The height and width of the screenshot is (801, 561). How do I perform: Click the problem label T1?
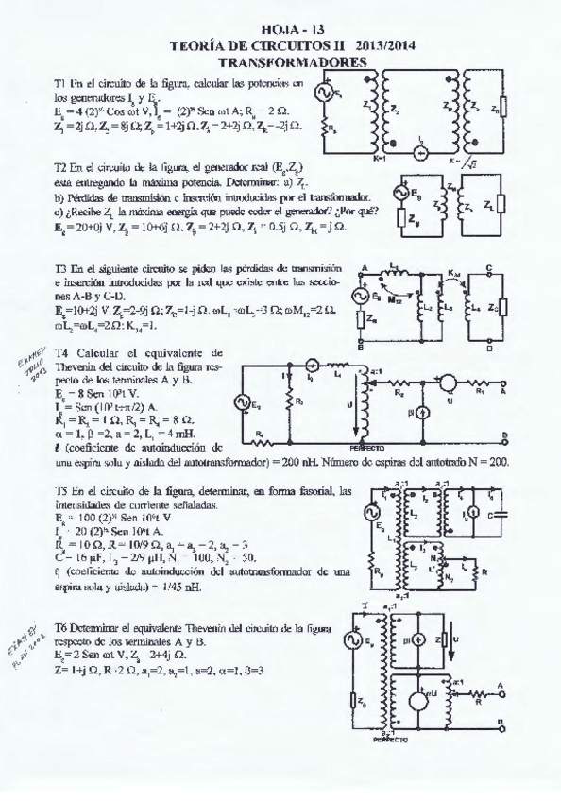click(61, 84)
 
